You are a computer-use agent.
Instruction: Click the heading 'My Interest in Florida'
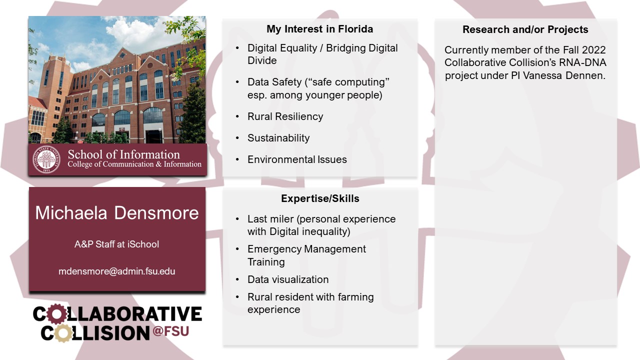[x=319, y=29]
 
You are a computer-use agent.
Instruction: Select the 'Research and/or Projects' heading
[x=525, y=29]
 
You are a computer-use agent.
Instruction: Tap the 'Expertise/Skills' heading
[x=320, y=198]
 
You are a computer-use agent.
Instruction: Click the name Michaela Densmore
[x=117, y=213]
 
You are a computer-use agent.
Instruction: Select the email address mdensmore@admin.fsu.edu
[x=117, y=271]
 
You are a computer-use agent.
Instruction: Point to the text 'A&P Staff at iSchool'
[x=116, y=244]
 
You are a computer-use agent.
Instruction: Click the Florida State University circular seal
[x=46, y=159]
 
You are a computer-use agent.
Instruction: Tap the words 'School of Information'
[x=123, y=154]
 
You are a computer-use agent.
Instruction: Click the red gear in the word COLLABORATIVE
[x=56, y=313]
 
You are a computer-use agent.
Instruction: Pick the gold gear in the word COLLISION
[x=63, y=333]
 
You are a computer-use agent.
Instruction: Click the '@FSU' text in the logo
[x=170, y=331]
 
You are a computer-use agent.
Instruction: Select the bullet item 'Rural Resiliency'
[x=285, y=116]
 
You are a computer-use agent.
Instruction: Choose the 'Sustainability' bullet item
[x=278, y=138]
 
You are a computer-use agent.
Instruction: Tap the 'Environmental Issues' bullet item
[x=297, y=159]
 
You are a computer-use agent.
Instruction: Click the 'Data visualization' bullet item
[x=288, y=279]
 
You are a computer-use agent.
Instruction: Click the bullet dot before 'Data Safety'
[x=237, y=82]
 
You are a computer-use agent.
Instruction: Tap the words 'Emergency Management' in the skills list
[x=306, y=249]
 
